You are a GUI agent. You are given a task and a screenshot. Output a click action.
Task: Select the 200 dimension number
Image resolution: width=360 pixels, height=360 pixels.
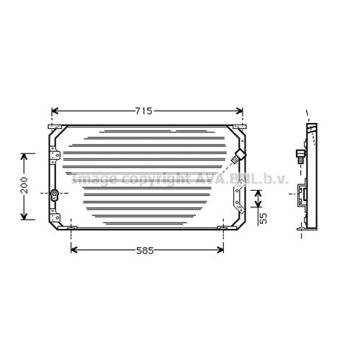point(24,186)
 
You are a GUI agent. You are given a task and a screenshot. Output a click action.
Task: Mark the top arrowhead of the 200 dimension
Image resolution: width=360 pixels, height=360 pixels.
point(24,156)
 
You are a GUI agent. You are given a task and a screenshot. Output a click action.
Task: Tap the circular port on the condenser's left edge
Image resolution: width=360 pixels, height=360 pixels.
point(55,193)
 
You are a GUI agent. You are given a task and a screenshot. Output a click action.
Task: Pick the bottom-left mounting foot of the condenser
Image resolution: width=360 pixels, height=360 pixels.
point(72,229)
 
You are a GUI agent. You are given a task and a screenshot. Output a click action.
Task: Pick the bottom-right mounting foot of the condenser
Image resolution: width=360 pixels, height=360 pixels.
point(222,229)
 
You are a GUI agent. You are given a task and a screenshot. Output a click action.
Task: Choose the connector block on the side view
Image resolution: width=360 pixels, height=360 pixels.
point(305,194)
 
